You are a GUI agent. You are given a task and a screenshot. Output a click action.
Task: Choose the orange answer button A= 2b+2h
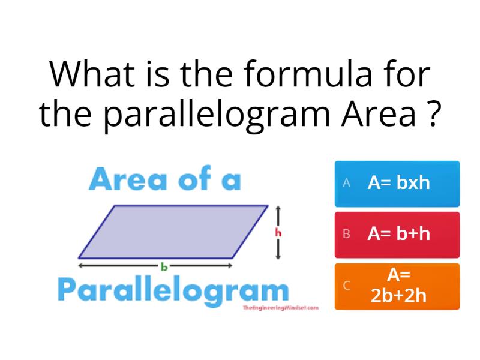click(x=397, y=286)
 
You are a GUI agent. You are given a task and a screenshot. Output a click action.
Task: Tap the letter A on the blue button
click(x=346, y=184)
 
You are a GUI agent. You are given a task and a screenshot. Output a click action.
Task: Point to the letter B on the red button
click(x=346, y=234)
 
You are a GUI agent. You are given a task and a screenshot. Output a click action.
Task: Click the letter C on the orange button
click(x=346, y=286)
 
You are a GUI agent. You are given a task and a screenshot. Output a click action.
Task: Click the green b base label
click(x=163, y=265)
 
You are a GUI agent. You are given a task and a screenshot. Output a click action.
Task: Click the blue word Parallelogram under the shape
click(x=173, y=291)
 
